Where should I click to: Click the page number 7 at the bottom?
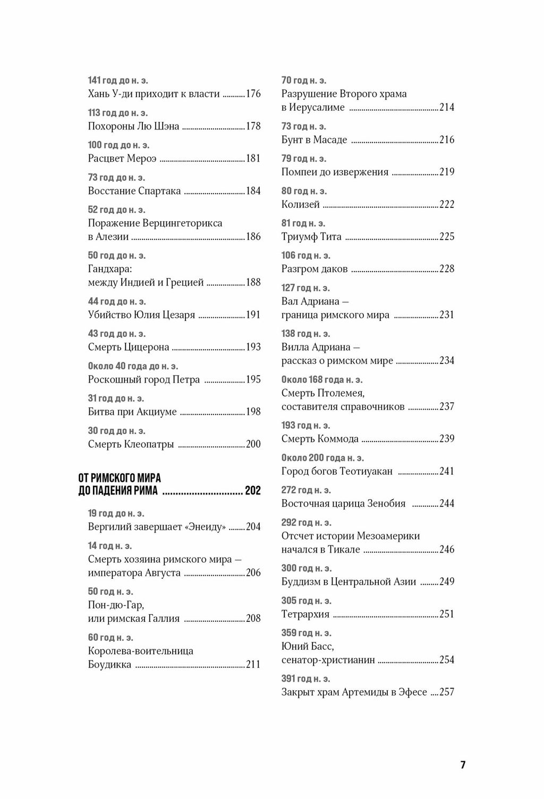click(463, 765)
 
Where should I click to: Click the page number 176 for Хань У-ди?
click(253, 94)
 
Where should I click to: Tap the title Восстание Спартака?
click(134, 191)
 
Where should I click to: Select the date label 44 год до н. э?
click(116, 301)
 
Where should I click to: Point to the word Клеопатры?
click(149, 444)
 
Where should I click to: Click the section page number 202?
click(253, 491)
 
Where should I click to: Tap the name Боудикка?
click(109, 664)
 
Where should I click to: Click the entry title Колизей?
click(301, 204)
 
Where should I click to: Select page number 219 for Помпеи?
click(447, 172)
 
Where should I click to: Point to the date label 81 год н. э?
click(303, 223)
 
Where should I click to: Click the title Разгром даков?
click(314, 269)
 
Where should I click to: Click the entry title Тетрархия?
click(305, 614)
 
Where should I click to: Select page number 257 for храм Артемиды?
click(447, 692)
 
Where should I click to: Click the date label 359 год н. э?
click(306, 633)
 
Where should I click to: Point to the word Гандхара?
click(109, 269)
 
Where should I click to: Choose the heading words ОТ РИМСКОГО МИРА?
click(120, 478)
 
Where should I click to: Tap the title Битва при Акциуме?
click(132, 412)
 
